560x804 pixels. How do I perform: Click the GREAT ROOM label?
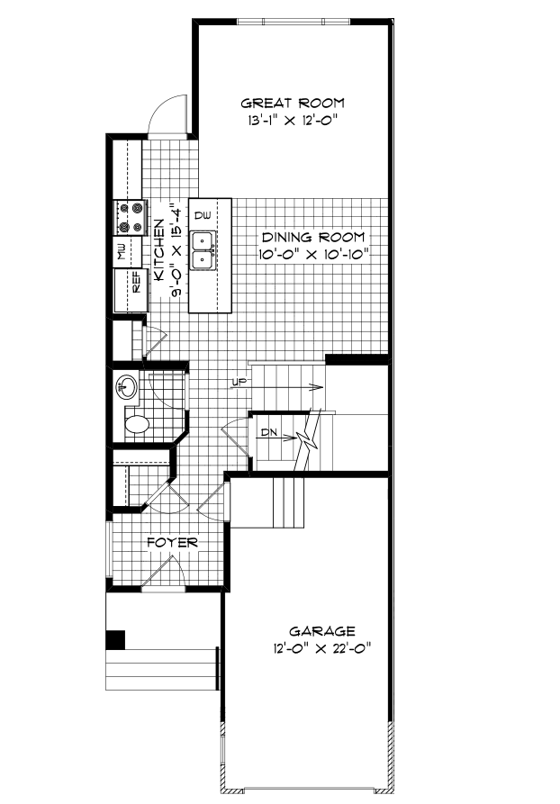[x=293, y=103]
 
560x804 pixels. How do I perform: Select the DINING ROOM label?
[x=313, y=238]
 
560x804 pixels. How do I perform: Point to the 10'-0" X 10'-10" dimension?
[x=312, y=254]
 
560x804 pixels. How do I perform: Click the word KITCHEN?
[x=159, y=249]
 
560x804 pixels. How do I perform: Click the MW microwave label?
[x=122, y=252]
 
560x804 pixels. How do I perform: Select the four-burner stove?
[x=131, y=217]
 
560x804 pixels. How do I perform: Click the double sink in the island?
[x=203, y=250]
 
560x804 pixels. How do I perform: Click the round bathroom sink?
[x=127, y=386]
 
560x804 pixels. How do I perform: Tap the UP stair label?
[x=239, y=382]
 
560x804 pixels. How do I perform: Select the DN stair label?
[x=269, y=432]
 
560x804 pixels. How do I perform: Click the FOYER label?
[x=172, y=543]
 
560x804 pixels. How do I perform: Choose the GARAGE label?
[x=322, y=631]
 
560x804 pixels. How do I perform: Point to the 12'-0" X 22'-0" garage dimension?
[x=322, y=649]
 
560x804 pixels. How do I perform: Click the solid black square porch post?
[x=115, y=640]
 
